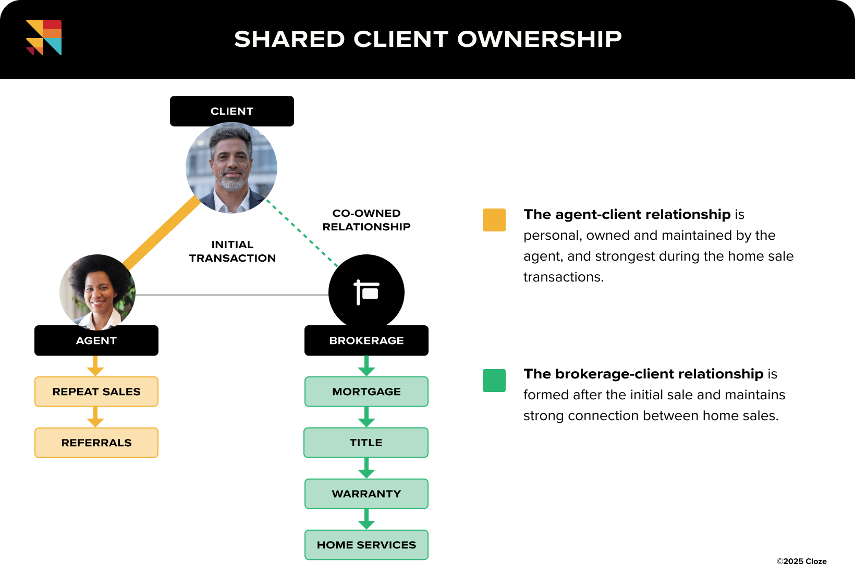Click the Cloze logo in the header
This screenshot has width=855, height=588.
coord(44,38)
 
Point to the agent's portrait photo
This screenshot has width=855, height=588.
coord(97,292)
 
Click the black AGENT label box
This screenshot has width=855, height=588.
coord(96,341)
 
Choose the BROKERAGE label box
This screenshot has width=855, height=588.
coord(367,341)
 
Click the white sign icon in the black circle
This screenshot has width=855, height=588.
coord(367,292)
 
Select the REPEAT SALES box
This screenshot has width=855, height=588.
coord(96,391)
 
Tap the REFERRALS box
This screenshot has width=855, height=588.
coord(96,443)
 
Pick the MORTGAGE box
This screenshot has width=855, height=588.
coord(367,391)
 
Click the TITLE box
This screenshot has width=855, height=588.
coord(366,443)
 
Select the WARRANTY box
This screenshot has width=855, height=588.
coord(367,494)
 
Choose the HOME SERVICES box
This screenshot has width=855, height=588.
coord(367,545)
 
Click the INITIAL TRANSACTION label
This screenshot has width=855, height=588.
coord(233,251)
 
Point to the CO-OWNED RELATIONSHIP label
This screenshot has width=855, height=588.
coord(367,220)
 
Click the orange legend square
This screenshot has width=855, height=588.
coord(494,220)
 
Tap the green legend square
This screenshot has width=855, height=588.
coord(494,381)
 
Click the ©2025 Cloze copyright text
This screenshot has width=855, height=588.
coord(801,561)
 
